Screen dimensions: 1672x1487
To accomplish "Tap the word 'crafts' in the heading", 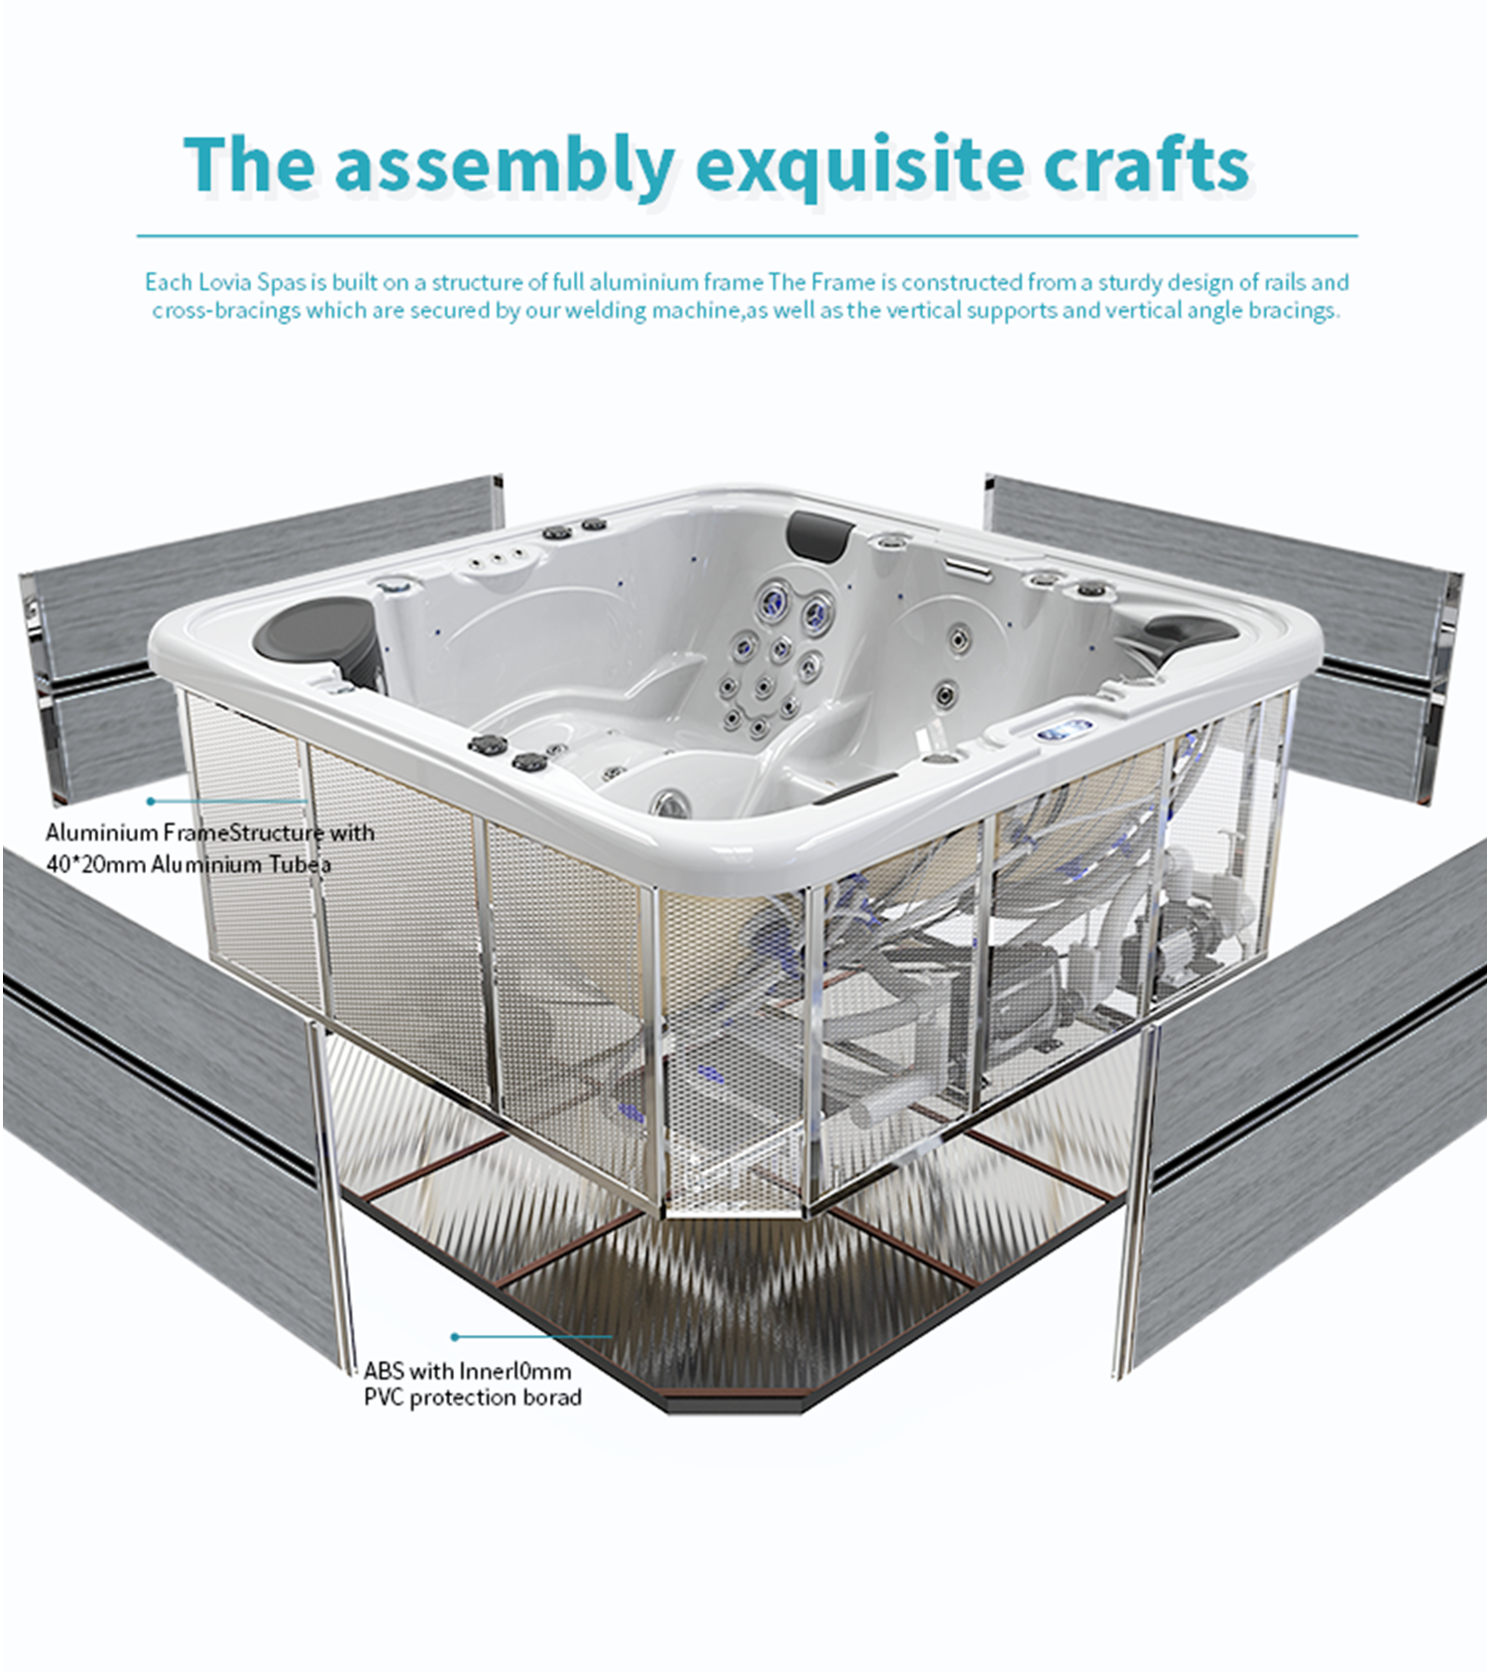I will [x=1145, y=165].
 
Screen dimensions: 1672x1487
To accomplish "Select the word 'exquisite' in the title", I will [x=859, y=167].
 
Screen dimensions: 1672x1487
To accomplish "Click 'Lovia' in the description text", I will [x=226, y=282].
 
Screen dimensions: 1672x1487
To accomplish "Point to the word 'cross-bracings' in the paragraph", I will [x=225, y=311].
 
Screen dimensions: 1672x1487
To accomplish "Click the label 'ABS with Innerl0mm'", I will [x=467, y=1372].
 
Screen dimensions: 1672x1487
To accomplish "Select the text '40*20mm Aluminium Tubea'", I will [x=188, y=864].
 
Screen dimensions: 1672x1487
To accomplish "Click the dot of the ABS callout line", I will [x=455, y=1337].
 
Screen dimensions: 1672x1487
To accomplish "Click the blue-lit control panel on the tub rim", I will [x=1065, y=730].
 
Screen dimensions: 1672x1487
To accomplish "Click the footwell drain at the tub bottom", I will [x=669, y=801].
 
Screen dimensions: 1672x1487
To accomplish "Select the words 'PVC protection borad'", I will [x=472, y=1397].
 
